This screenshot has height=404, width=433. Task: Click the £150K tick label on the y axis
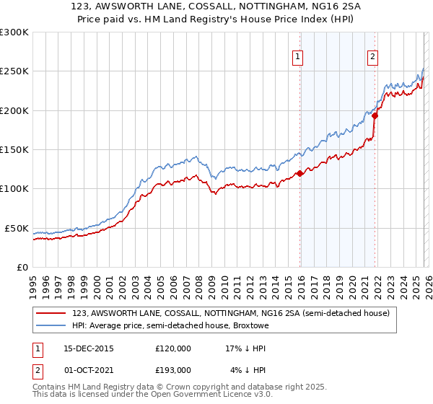point(14,149)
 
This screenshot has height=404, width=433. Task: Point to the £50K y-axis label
point(17,228)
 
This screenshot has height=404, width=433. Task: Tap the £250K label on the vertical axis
point(14,71)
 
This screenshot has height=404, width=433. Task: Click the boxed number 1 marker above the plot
point(297,59)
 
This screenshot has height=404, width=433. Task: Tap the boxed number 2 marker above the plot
point(372,59)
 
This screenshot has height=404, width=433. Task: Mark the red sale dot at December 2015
point(299,173)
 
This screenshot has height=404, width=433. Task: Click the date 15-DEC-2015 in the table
point(84,348)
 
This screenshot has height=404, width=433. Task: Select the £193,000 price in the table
point(173,369)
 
